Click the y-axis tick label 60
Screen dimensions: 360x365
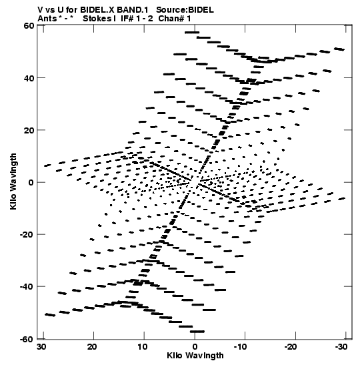29,25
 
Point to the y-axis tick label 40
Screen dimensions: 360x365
29,78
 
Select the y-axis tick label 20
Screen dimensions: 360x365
29,130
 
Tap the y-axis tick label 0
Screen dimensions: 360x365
31,183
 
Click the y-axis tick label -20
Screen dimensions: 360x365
27,235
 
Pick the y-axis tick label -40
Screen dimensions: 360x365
27,287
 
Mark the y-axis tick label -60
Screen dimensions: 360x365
27,339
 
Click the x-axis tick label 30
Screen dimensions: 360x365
42,347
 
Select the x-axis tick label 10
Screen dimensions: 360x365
143,347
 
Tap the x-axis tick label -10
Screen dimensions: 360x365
241,347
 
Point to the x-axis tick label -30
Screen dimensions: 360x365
341,347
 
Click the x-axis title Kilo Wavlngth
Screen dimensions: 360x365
195,356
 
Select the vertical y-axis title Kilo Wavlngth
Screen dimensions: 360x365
13,181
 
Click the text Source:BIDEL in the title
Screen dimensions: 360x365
185,10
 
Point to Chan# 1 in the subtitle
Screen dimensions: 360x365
175,19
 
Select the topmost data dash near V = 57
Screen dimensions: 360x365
192,32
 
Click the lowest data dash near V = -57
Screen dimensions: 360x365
197,332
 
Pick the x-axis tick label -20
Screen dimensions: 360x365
291,347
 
